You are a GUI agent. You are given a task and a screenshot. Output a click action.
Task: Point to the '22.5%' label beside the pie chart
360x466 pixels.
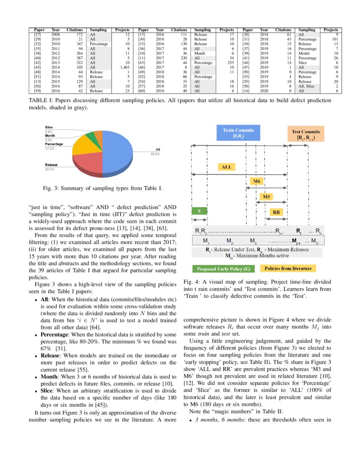[50, 169]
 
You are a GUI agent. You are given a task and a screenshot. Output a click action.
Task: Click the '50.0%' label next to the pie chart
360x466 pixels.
[155, 154]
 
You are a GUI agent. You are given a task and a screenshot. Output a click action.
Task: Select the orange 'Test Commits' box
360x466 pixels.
[305, 135]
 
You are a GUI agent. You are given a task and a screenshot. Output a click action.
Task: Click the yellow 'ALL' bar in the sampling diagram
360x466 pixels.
[227, 167]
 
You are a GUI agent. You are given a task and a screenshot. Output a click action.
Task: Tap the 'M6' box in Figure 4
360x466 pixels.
[257, 181]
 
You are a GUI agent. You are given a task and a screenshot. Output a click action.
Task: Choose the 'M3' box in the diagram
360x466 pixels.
[266, 197]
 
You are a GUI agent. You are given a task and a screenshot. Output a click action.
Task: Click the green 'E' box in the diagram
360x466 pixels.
[199, 211]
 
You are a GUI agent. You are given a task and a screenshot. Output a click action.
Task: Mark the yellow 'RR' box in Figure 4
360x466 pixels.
[277, 212]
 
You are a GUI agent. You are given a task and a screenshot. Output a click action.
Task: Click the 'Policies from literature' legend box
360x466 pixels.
[288, 269]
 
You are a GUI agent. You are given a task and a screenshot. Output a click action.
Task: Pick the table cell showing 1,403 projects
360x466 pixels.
[125, 66]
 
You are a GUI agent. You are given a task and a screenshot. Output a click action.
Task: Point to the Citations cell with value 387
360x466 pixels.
[77, 58]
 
